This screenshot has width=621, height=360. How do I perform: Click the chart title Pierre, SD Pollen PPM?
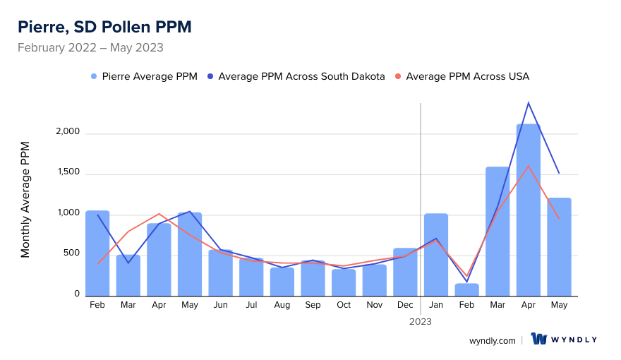pos(104,27)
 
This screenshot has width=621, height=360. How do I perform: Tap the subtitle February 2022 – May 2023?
pos(90,48)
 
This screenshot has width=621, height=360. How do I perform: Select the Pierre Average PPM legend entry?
pos(145,76)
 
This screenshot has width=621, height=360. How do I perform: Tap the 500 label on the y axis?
pos(71,255)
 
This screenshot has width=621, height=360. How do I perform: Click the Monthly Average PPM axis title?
pos(25,199)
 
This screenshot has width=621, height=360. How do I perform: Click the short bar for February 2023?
pos(466,290)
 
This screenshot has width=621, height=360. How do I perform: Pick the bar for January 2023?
pos(436,255)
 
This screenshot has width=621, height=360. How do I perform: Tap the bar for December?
pos(405,272)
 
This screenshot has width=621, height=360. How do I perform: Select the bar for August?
pos(282,282)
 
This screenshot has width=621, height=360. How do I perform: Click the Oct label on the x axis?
pos(344,305)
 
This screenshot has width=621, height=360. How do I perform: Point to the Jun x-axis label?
pos(220,305)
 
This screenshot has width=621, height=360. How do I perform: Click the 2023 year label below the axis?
pos(421,321)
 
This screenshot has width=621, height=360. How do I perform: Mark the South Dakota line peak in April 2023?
pos(528,103)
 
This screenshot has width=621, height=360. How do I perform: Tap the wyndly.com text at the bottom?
pos(493,340)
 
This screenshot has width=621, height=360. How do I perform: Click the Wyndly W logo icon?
pos(540,340)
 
